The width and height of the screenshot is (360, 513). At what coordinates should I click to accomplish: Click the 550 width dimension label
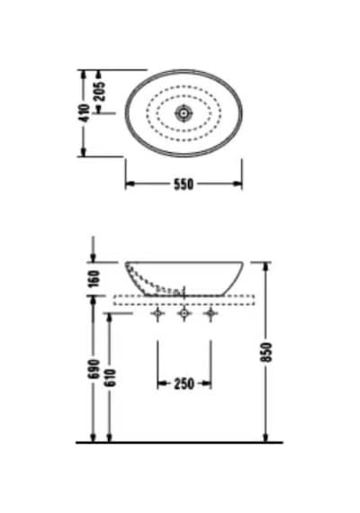click(184, 184)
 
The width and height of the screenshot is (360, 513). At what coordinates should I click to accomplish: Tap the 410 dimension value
click(85, 112)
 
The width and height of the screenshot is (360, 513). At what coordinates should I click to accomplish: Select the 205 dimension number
click(101, 91)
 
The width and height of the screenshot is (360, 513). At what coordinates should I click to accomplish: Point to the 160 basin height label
click(94, 279)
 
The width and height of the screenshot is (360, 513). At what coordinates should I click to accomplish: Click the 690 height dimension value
click(94, 369)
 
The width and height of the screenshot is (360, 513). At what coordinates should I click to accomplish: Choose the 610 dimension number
click(111, 378)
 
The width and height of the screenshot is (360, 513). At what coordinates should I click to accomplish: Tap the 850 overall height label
click(267, 352)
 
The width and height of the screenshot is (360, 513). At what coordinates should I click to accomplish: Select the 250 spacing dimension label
click(184, 383)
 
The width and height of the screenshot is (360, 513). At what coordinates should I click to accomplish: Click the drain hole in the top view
click(184, 113)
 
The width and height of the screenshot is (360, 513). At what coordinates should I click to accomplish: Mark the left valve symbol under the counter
click(157, 314)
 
